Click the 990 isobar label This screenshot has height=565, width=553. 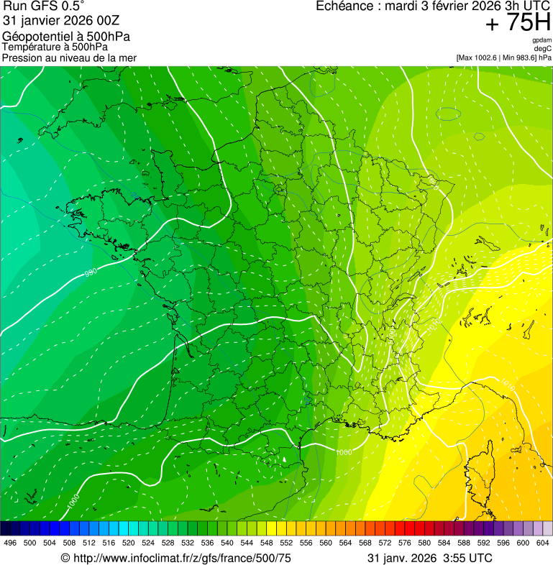point(91,272)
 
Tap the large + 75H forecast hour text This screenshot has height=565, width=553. point(518,23)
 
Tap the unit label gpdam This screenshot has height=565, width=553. point(542,40)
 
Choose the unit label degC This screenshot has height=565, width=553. point(543,48)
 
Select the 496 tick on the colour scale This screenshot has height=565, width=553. point(10,543)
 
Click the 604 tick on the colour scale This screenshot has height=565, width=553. point(542,543)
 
